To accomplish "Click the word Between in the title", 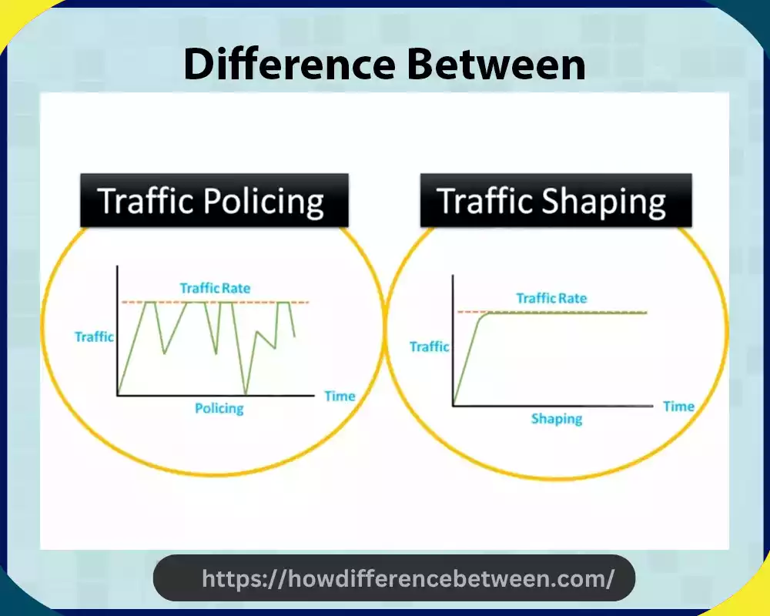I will click(496, 65).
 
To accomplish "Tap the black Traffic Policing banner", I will click(213, 200).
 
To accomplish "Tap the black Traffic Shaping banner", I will click(555, 200).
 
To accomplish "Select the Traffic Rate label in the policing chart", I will click(215, 289).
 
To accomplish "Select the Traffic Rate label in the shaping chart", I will click(551, 298).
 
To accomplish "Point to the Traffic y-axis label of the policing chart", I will click(94, 336).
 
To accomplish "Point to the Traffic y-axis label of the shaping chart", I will click(430, 346).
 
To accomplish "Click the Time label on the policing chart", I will click(340, 396).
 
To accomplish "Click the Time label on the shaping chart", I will click(678, 406).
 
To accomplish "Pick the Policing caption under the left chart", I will click(219, 408).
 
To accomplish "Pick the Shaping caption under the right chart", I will click(556, 419).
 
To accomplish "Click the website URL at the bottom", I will click(407, 578).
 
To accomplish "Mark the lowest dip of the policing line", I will click(245, 393).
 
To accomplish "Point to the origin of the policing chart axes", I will click(118, 396).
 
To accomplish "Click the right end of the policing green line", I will click(295, 336).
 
